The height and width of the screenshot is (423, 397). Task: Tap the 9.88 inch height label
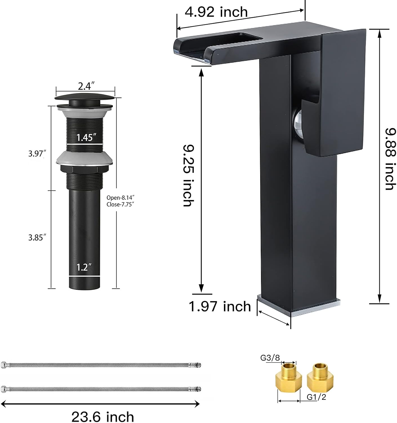coord(391,159)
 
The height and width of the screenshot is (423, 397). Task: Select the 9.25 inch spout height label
coord(189,175)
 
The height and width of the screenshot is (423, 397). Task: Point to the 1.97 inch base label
coord(220,306)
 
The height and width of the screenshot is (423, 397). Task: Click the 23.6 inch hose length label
coord(103,417)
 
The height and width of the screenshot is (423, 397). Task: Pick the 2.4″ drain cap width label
coord(86,86)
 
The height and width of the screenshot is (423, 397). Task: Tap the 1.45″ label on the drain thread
coord(86,137)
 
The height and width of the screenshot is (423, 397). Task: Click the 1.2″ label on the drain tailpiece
coord(84,267)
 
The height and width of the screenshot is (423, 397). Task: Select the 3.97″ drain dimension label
coord(37,153)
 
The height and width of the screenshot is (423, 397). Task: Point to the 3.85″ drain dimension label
coord(37,237)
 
